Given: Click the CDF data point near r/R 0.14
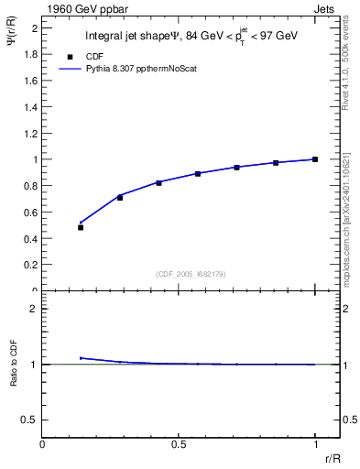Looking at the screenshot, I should point(81,227).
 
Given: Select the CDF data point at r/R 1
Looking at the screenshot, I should point(315,159).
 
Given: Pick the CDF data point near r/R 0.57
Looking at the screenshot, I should point(198,173).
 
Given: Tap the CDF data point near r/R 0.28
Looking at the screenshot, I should point(120,197).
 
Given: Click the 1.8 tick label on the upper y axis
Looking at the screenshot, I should point(29,54).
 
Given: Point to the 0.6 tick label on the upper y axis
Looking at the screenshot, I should point(29,212).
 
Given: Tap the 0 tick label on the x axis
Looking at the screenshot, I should point(43,443).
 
